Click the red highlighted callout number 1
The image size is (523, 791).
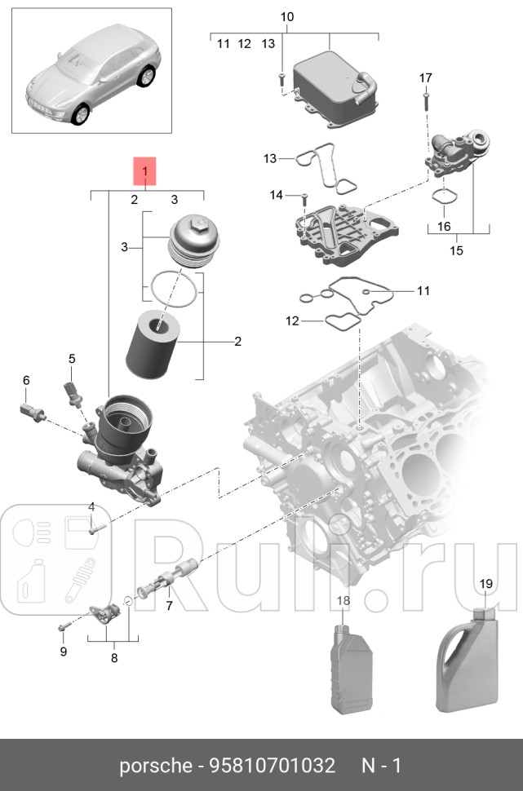(144, 172)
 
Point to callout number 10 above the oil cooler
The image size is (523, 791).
(286, 17)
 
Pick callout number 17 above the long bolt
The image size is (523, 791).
(425, 78)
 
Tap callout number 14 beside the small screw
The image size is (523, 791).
(277, 195)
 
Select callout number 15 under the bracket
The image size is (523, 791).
(456, 250)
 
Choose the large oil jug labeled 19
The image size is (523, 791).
(469, 661)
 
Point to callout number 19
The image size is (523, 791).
(485, 584)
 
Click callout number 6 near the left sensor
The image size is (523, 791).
(26, 380)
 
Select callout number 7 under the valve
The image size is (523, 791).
(169, 606)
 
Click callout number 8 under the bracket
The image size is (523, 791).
(113, 657)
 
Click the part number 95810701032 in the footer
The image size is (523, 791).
(272, 767)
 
